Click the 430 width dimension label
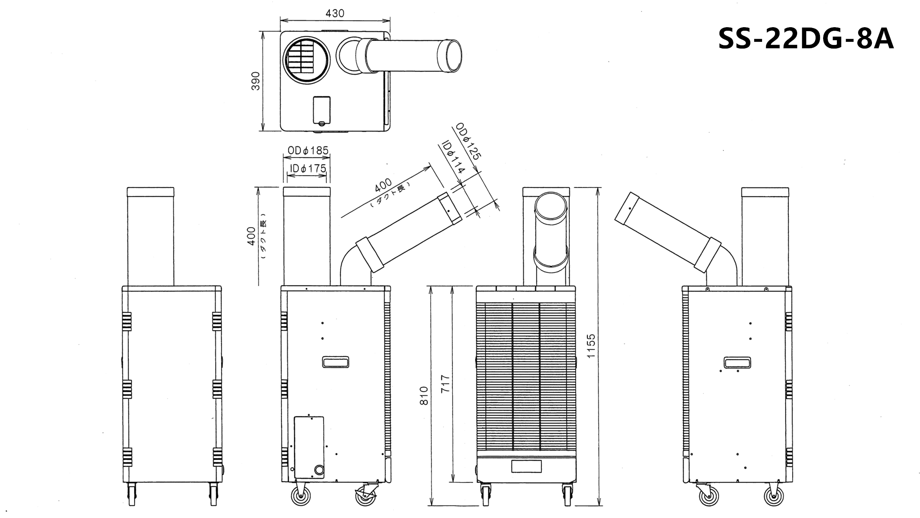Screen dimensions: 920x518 tap(335, 13)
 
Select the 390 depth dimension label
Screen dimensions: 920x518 tap(256, 81)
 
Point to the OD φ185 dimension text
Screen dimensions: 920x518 tap(308, 150)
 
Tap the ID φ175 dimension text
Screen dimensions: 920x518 tap(308, 168)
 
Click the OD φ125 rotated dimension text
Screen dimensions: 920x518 tap(468, 141)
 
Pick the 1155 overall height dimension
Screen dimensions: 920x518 tap(591, 346)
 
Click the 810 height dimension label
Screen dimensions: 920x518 tap(424, 395)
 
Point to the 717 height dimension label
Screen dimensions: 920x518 tap(445, 384)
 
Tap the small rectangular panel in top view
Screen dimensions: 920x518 tap(322, 111)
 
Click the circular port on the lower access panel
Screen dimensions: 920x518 tap(319, 470)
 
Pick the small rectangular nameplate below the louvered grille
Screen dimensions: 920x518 tap(526, 466)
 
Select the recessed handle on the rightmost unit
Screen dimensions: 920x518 tap(737, 362)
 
